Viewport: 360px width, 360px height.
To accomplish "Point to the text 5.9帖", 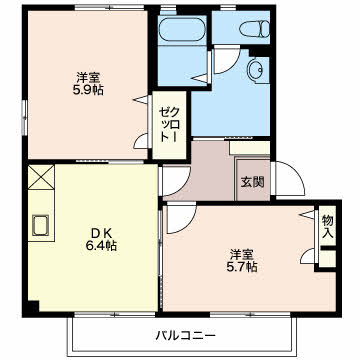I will tap(87, 90).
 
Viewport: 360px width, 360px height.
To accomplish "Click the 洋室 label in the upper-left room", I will tap(87, 75).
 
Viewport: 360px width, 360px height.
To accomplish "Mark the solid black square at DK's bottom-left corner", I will tap(33, 305).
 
